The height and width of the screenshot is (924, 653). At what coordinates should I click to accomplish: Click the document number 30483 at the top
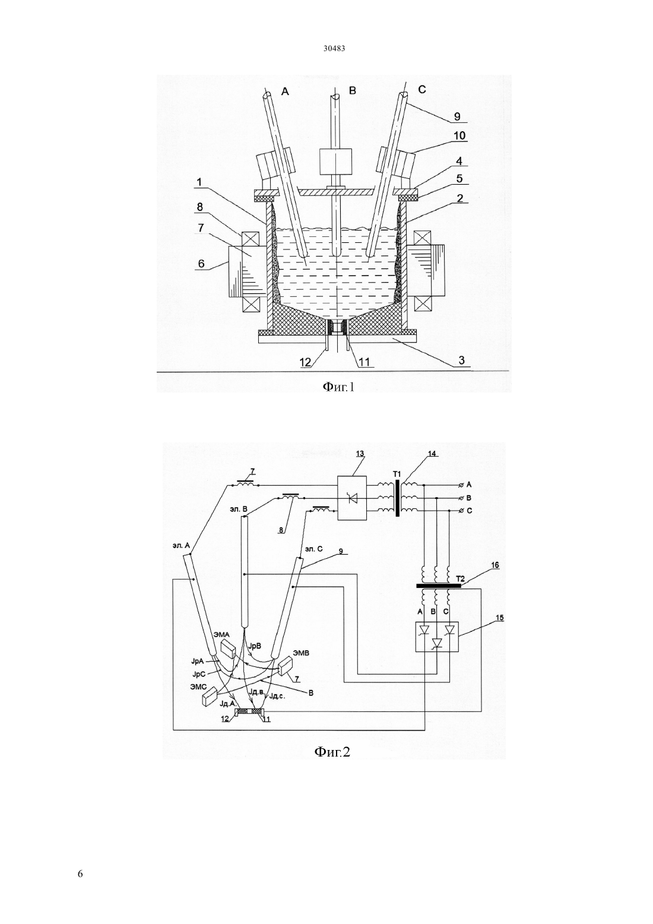[334, 48]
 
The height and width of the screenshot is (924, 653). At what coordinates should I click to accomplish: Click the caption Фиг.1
[338, 387]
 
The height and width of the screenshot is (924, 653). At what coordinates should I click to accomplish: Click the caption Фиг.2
[332, 752]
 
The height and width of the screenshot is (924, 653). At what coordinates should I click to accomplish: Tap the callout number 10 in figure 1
[459, 135]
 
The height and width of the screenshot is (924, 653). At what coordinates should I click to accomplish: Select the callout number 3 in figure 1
[462, 360]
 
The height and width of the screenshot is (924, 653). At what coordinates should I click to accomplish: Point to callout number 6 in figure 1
[201, 262]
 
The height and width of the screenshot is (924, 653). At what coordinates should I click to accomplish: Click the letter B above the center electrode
[352, 90]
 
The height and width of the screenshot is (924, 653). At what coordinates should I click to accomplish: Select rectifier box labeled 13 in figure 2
[352, 498]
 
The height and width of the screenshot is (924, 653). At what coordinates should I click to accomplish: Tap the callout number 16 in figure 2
[494, 565]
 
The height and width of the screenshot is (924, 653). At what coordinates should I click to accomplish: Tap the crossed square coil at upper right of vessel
[423, 238]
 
